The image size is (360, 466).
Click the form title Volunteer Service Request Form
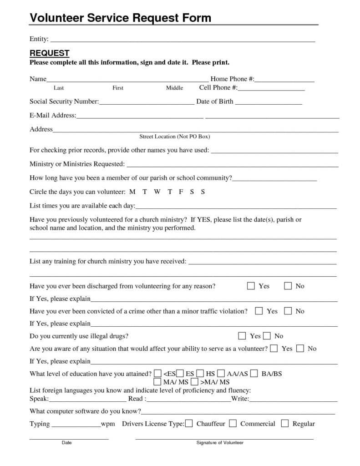(x=121, y=18)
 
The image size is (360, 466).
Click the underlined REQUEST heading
(x=49, y=53)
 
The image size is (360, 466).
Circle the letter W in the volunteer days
(x=157, y=192)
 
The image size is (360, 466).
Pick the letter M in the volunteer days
(x=132, y=192)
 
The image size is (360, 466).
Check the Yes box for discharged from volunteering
(x=251, y=286)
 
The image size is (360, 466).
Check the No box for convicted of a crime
(x=288, y=311)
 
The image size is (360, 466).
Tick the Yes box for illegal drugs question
(x=242, y=336)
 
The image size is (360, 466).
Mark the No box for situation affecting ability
(x=300, y=349)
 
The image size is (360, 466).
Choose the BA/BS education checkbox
(x=254, y=374)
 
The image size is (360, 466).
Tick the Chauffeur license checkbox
(x=189, y=424)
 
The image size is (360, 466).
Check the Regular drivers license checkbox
(x=285, y=424)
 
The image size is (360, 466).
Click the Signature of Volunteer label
(x=220, y=443)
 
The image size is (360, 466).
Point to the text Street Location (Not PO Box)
(x=174, y=137)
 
